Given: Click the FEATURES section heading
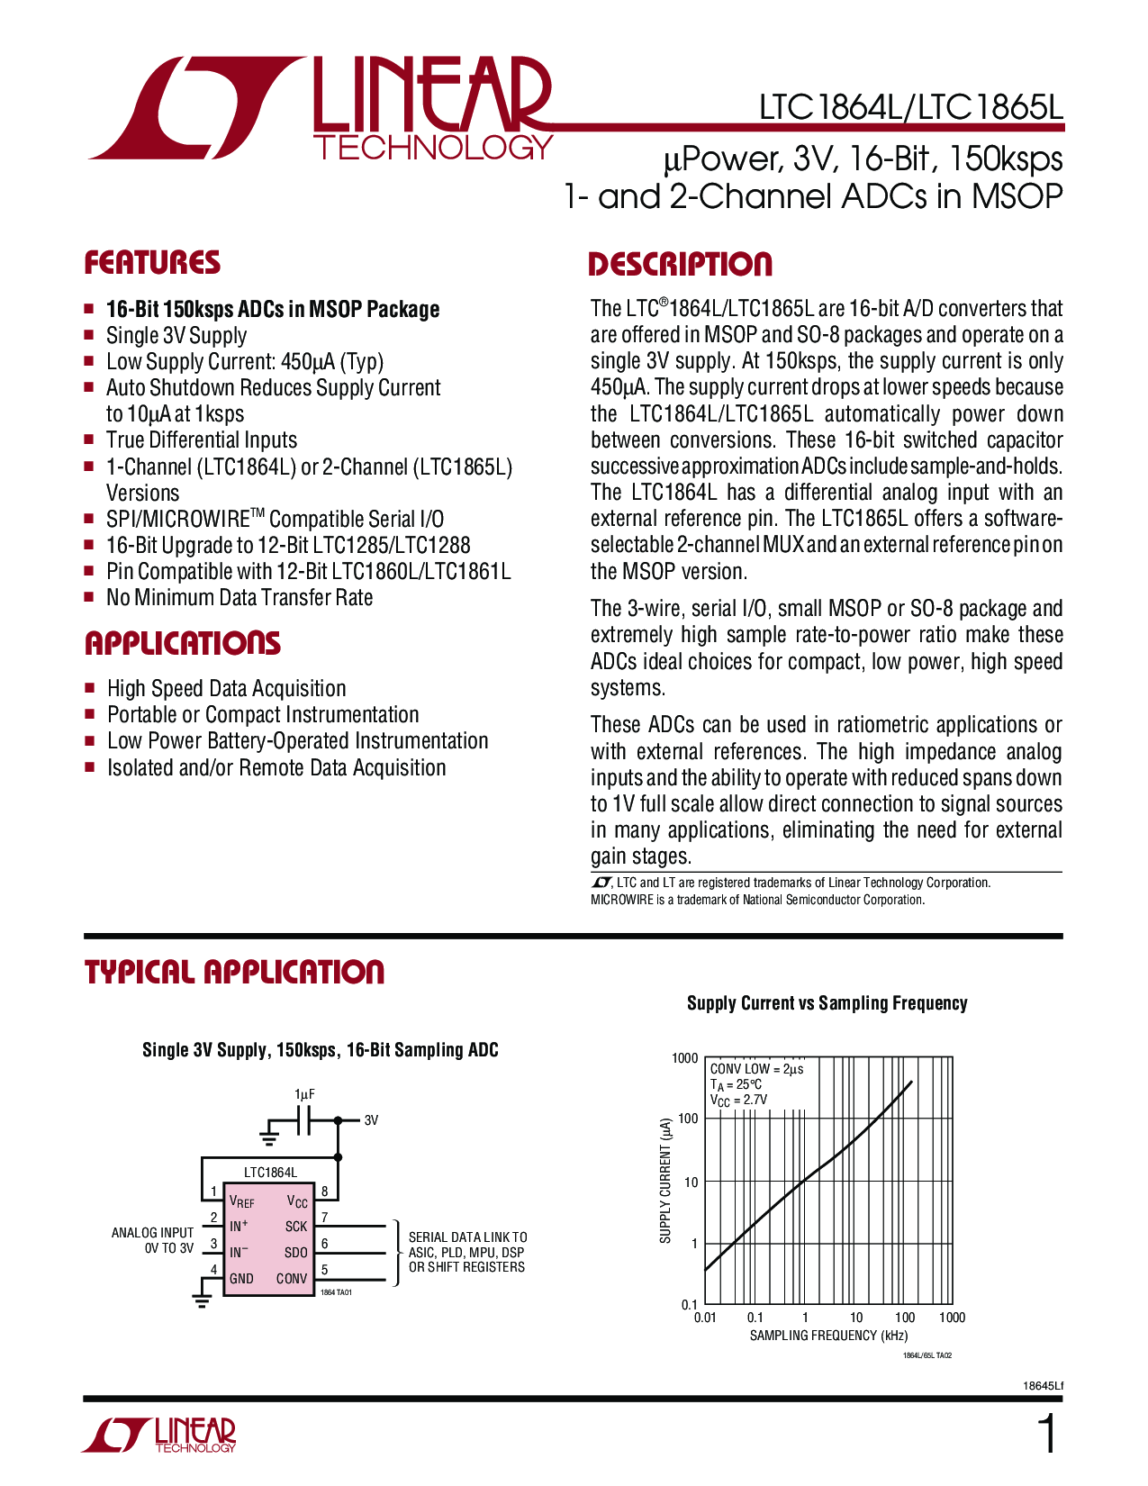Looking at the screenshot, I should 152,263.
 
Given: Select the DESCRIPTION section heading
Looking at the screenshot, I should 680,265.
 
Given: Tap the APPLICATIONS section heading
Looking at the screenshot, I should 183,643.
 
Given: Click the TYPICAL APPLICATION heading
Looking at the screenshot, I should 234,973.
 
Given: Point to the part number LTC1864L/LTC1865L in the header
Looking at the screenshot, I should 911,108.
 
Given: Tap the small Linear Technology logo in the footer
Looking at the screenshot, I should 159,1435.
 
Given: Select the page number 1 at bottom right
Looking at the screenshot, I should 1047,1435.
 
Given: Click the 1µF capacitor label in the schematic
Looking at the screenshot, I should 304,1094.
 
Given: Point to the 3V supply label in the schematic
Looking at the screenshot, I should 371,1120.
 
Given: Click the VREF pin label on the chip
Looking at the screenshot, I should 241,1202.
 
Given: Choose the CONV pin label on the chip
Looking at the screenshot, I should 292,1279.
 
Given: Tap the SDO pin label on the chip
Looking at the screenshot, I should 295,1253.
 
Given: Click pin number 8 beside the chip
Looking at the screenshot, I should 324,1192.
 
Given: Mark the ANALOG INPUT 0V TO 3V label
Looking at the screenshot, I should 153,1240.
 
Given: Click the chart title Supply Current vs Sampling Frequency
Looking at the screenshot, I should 827,1003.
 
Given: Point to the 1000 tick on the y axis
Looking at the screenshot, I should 685,1058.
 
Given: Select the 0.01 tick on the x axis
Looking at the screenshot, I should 705,1318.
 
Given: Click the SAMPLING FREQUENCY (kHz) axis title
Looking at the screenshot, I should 828,1336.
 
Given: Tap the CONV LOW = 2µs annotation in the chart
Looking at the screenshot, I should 756,1069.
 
